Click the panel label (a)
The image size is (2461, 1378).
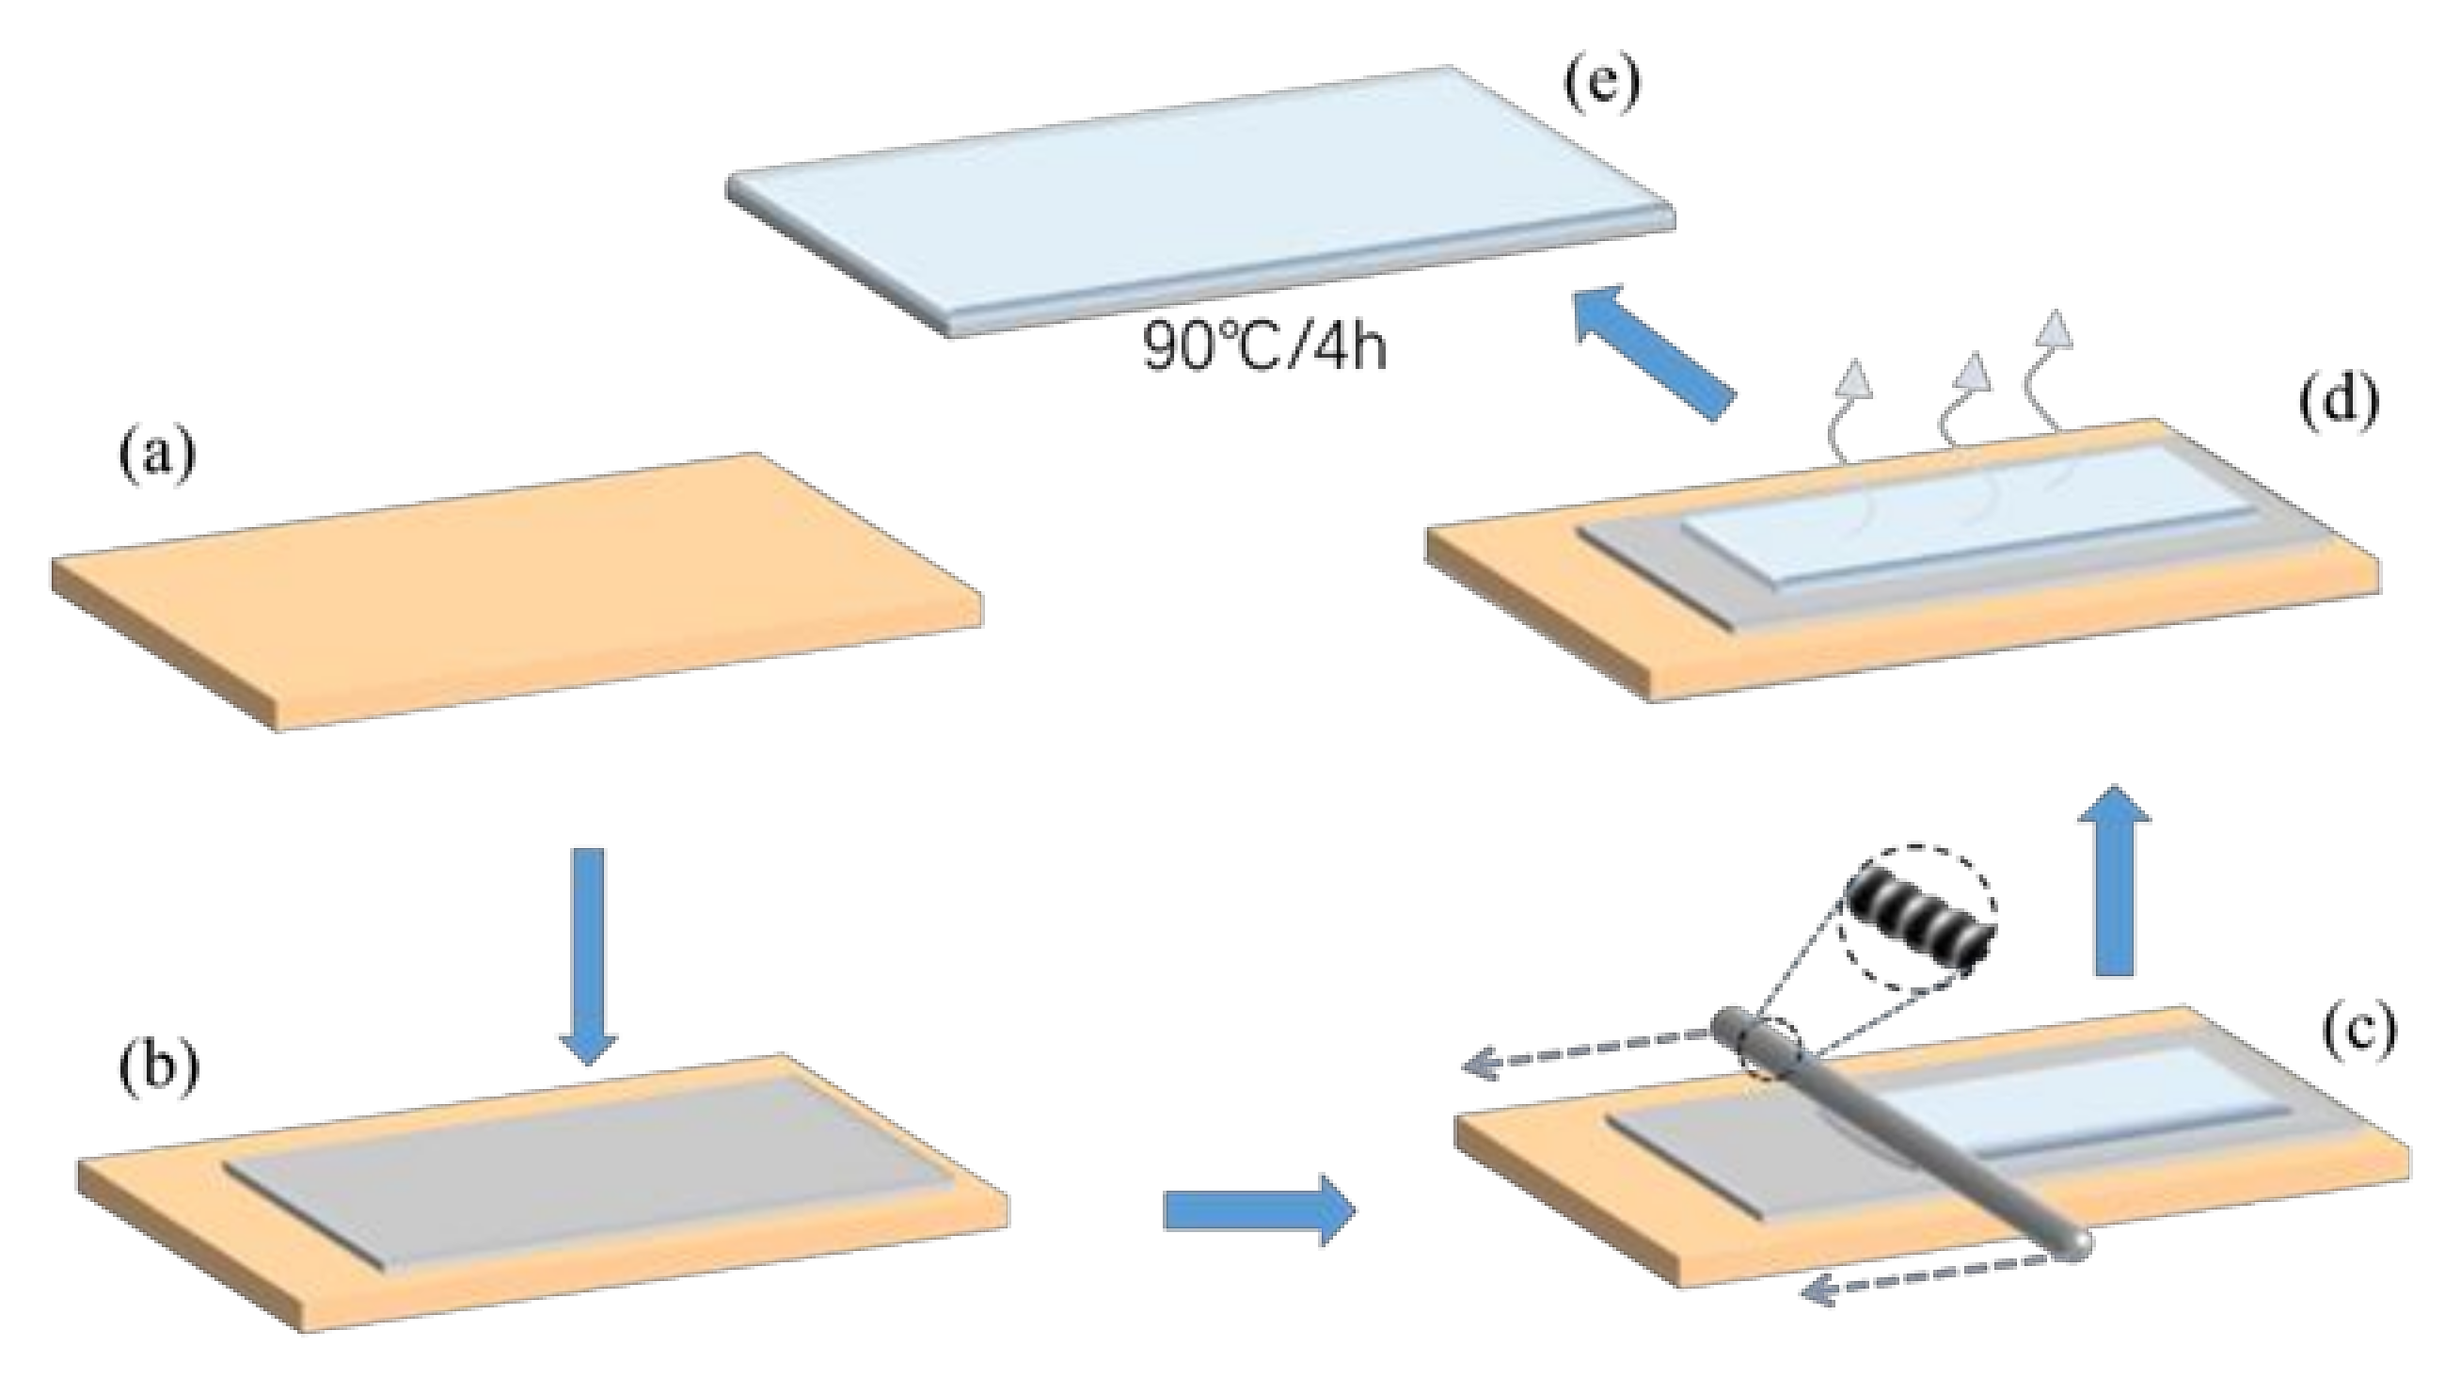pos(156,456)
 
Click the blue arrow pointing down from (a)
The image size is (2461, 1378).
pos(588,955)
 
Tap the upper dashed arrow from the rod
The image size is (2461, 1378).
pos(1586,1051)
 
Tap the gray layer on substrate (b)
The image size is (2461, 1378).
pos(593,1166)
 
